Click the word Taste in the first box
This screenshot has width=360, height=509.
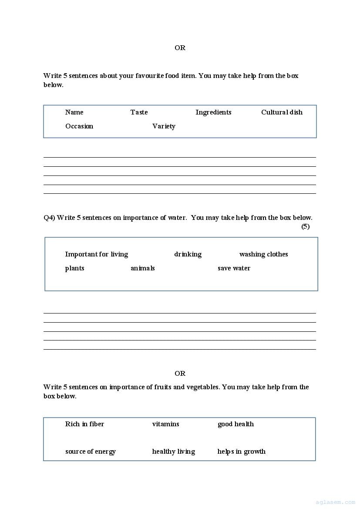click(139, 112)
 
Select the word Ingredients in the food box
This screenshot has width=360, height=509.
click(213, 112)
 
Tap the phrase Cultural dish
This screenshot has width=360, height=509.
click(282, 112)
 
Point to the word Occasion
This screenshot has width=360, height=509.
click(79, 126)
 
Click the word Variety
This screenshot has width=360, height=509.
click(164, 126)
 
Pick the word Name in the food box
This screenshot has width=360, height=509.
click(74, 112)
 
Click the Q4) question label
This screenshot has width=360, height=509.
click(49, 218)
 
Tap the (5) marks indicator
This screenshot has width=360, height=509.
click(306, 226)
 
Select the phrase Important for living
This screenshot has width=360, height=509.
click(97, 254)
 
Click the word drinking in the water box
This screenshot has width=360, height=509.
click(188, 254)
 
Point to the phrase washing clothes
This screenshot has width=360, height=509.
click(263, 254)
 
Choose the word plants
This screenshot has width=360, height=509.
click(75, 268)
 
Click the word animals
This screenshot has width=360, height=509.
click(143, 268)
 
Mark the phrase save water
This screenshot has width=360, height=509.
click(234, 268)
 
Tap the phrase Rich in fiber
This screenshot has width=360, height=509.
click(84, 424)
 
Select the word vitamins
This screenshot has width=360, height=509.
click(165, 424)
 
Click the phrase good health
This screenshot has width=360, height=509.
click(236, 424)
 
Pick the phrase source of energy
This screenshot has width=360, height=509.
click(91, 452)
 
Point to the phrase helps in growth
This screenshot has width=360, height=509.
click(241, 452)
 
